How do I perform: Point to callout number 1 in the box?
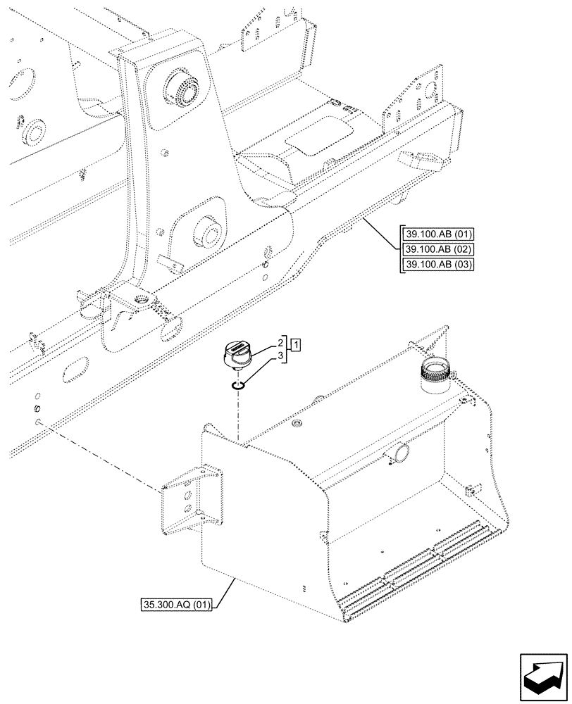point(296,345)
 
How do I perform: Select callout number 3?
point(280,356)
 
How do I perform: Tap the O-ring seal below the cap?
point(239,384)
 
